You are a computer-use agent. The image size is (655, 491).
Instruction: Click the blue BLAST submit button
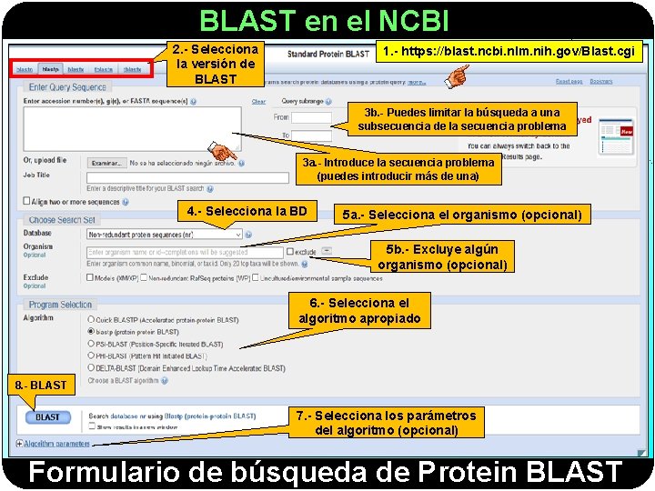(48, 417)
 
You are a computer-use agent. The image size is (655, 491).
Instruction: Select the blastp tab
(51, 69)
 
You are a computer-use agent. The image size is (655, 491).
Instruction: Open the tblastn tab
(104, 69)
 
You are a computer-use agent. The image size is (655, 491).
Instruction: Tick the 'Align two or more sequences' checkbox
(26, 201)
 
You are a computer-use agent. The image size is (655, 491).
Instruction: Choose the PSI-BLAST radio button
(91, 345)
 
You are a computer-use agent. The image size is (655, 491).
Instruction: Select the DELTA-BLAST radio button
(91, 368)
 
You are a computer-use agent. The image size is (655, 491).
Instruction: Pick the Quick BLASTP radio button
(91, 320)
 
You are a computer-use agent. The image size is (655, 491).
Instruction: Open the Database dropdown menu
(166, 235)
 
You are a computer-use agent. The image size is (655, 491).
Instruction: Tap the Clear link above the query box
(258, 102)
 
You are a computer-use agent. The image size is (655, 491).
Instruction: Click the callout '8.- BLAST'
(41, 385)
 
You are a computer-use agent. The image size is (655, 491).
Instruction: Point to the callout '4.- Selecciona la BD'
(247, 212)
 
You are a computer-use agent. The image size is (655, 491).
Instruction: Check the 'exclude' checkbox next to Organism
(289, 252)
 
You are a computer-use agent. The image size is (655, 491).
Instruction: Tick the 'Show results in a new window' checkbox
(92, 426)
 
